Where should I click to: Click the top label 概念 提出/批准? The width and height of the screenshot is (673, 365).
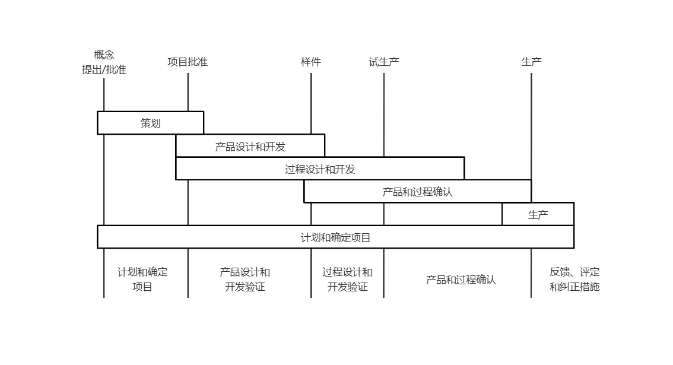coord(104,62)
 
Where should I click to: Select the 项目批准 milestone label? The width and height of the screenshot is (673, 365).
coord(188,62)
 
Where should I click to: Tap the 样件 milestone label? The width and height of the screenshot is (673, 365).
coord(311,62)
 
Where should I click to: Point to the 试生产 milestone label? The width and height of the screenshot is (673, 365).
coord(384,62)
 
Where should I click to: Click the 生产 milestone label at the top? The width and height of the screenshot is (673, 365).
coord(531,62)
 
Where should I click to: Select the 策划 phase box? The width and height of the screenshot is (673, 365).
coord(151,123)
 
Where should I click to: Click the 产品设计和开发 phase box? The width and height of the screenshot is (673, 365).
coord(250,145)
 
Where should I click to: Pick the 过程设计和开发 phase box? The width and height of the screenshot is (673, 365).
coord(320,169)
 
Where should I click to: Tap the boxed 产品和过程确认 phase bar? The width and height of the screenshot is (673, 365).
coord(418,191)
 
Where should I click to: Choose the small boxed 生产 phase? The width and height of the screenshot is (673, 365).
coord(538,214)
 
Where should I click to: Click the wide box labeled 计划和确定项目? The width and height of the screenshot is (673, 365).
coord(336,237)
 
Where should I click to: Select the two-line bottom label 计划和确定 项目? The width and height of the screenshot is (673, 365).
coord(142,279)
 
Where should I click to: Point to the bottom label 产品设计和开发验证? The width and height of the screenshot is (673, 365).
coord(245,279)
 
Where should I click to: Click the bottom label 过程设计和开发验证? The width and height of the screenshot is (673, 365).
coord(347,279)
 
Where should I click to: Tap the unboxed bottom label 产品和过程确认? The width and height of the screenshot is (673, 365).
coord(461,280)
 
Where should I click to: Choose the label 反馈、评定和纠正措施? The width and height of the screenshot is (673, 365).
coord(574,279)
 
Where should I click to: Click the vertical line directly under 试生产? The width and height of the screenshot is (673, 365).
coord(384,185)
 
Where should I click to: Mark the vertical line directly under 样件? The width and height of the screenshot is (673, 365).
coord(311,185)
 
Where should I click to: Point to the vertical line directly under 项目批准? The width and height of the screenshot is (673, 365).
coord(188,185)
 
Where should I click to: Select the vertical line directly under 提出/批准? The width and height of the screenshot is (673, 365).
coord(104,188)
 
